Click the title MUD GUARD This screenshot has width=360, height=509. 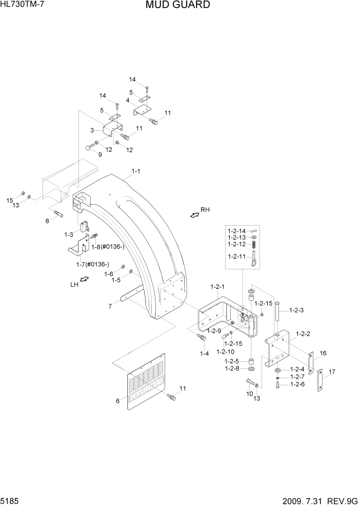coord(177,6)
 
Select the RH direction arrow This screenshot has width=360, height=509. coord(194,216)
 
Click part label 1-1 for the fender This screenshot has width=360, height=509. coord(136,171)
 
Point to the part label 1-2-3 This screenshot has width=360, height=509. coord(297,310)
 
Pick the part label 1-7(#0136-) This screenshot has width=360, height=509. coord(93,264)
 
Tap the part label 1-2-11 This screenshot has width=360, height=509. coord(236,257)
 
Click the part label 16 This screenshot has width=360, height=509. coord(323,353)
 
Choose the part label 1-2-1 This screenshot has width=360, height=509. coord(218,286)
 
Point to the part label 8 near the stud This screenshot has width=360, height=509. coord(47,221)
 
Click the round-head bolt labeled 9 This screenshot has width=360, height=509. coord(88,148)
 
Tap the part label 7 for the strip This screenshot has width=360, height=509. coord(110,306)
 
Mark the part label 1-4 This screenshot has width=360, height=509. coord(204,354)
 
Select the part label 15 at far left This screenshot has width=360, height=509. coord(9,200)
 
